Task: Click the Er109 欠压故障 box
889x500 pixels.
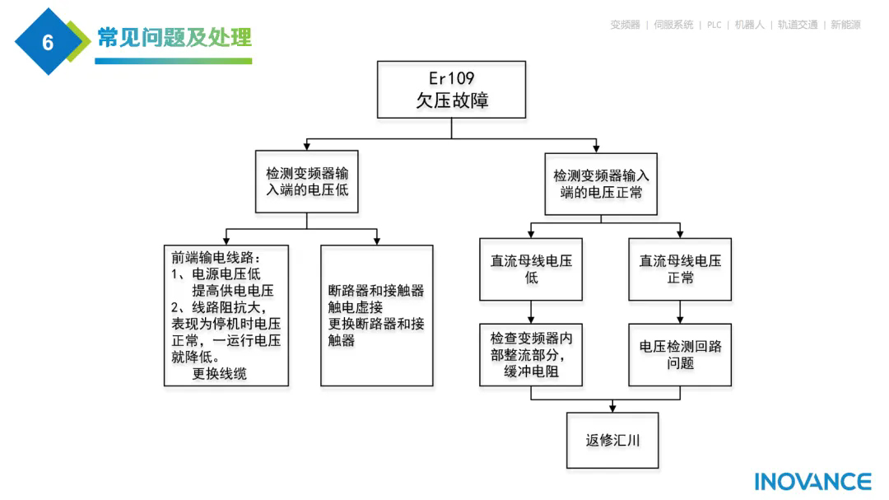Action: [451, 90]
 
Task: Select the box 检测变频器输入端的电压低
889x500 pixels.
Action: [306, 182]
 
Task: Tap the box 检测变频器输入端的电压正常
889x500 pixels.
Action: [601, 184]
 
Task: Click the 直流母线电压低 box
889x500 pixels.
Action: [531, 269]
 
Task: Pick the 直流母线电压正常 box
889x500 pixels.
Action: [680, 269]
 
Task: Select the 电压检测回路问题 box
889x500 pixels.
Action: [680, 354]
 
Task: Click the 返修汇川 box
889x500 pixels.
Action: [612, 440]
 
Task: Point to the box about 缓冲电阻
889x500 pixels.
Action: [531, 354]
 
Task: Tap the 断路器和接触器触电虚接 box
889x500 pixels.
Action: [376, 315]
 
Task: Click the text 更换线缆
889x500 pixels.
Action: [219, 373]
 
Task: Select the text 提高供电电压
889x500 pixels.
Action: [233, 290]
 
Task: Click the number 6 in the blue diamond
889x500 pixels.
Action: [48, 42]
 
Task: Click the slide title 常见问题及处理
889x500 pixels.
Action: [174, 37]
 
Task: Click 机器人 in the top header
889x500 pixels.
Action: [751, 25]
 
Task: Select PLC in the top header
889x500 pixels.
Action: [714, 25]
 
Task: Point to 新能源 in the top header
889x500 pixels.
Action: [845, 25]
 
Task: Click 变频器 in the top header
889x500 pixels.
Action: [625, 25]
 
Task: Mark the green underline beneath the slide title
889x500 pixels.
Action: [174, 61]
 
